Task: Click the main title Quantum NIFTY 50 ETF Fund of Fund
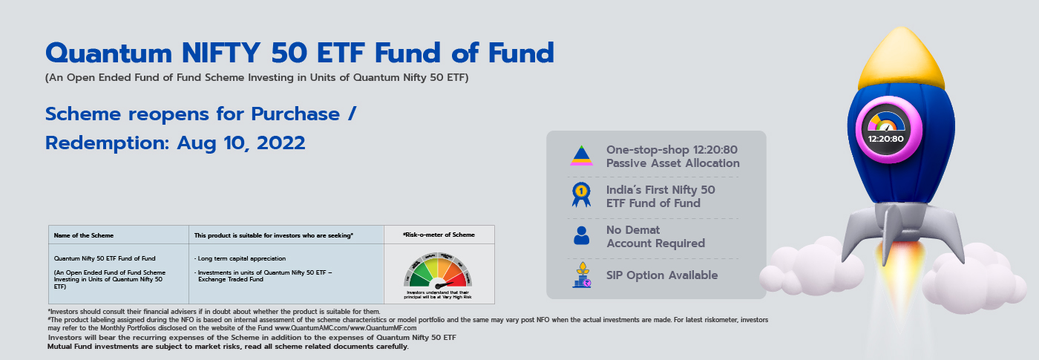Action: coord(299,53)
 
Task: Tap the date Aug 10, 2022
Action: coord(241,143)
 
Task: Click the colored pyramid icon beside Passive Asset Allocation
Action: coord(581,155)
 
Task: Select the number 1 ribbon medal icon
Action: coord(581,194)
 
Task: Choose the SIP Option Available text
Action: coord(661,275)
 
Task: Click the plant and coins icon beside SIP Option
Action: coord(581,275)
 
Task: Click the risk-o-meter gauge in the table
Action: coord(438,274)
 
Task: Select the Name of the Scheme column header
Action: coord(83,235)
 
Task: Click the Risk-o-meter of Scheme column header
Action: coord(438,235)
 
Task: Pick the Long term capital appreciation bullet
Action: coord(241,258)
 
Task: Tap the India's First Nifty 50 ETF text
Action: coord(661,196)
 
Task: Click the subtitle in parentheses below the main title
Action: coord(257,77)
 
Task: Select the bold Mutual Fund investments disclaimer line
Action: coord(228,346)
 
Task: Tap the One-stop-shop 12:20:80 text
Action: coord(672,156)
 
